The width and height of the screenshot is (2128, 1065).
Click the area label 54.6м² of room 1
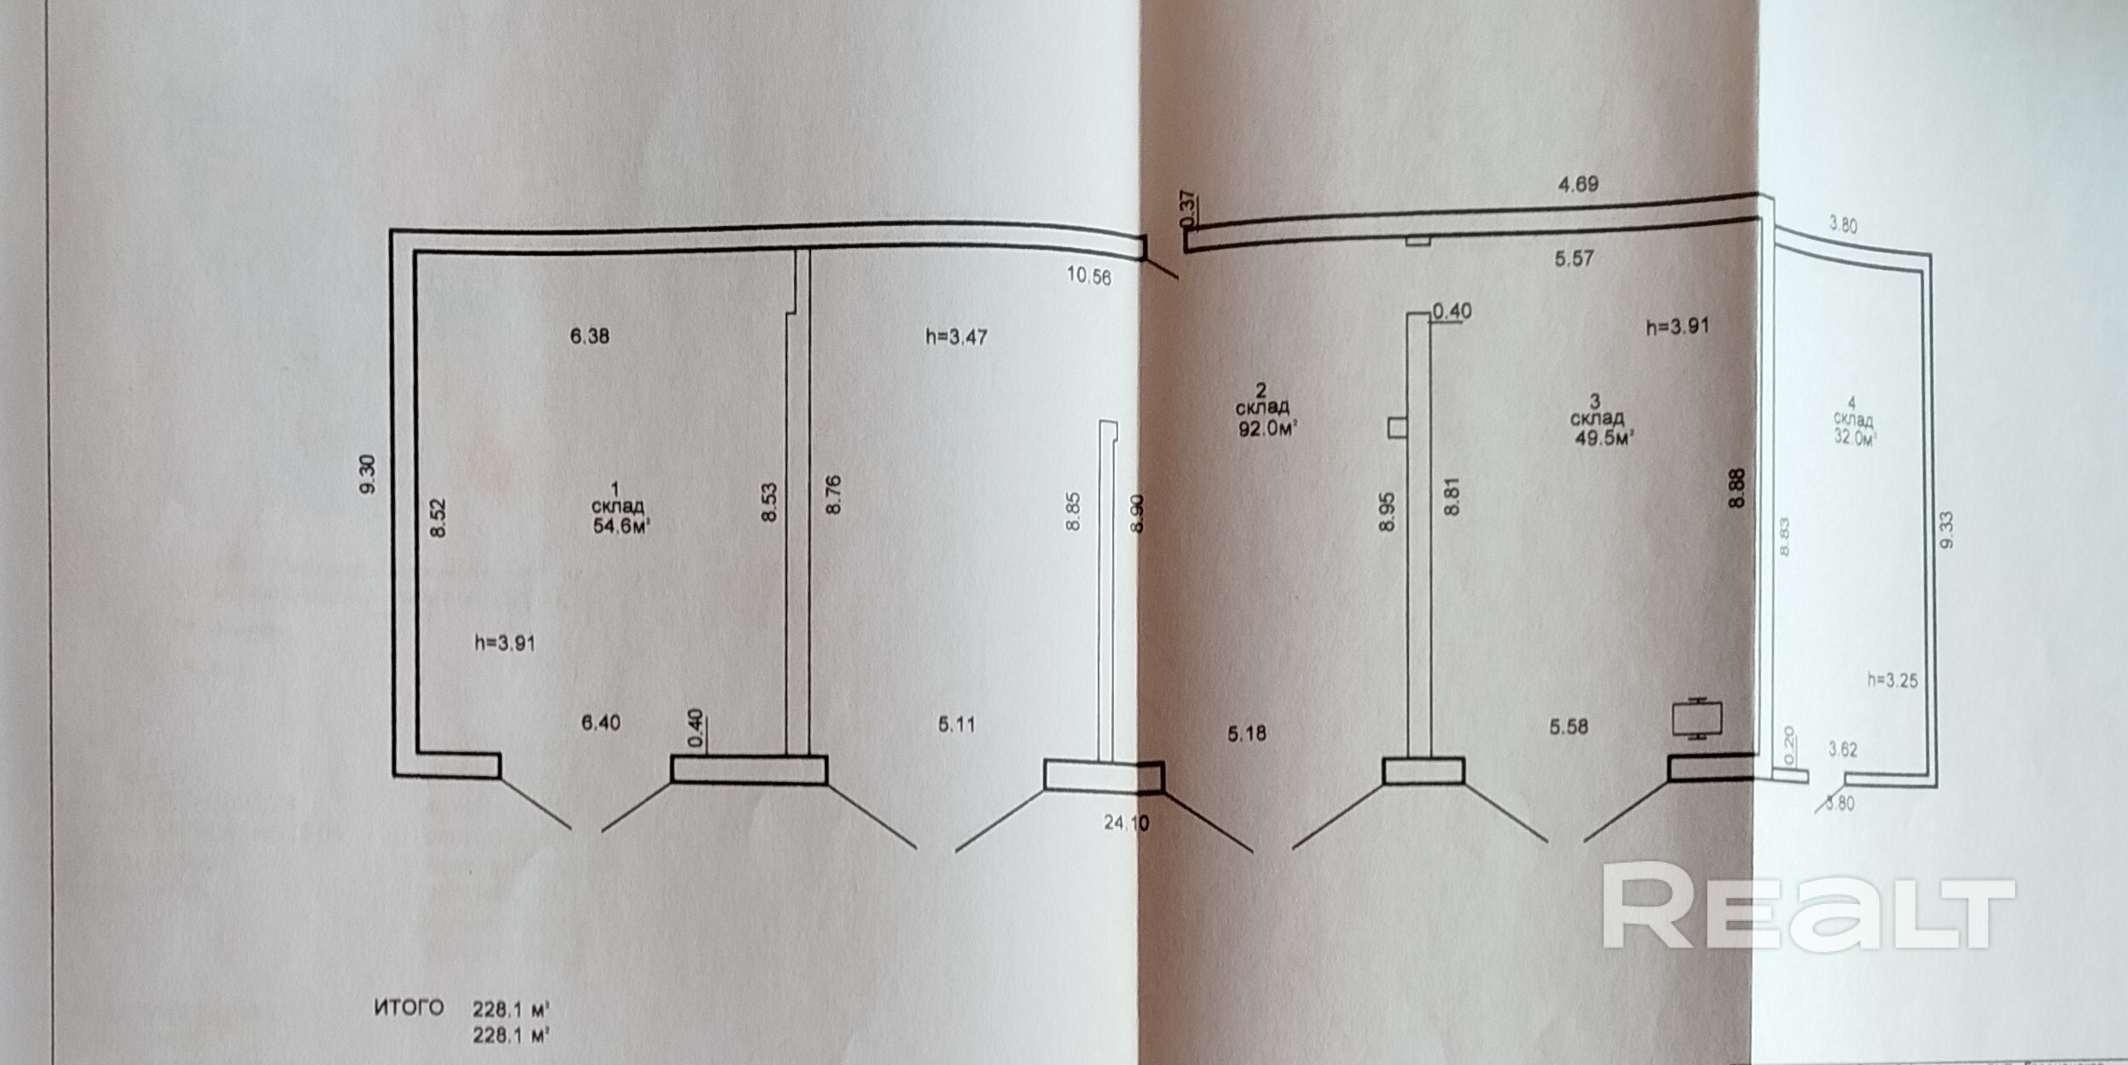point(622,526)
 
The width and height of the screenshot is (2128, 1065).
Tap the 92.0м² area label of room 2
point(1267,429)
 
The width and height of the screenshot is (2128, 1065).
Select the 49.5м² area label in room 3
point(1603,438)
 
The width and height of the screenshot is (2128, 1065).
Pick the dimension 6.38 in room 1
point(589,336)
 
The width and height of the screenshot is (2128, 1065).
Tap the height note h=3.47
point(956,337)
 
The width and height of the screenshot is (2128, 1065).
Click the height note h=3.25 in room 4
point(1893,680)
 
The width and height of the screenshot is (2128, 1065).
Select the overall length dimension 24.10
point(1126,823)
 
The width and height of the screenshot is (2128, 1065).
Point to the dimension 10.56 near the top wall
point(1089,275)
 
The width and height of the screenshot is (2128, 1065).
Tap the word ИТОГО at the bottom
point(409,1008)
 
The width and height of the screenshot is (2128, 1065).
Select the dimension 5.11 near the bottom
point(956,725)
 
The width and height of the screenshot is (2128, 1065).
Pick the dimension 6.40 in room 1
point(600,723)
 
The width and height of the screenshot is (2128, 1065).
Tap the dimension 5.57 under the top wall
point(1574,258)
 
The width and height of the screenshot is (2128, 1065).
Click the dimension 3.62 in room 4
point(1842,750)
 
